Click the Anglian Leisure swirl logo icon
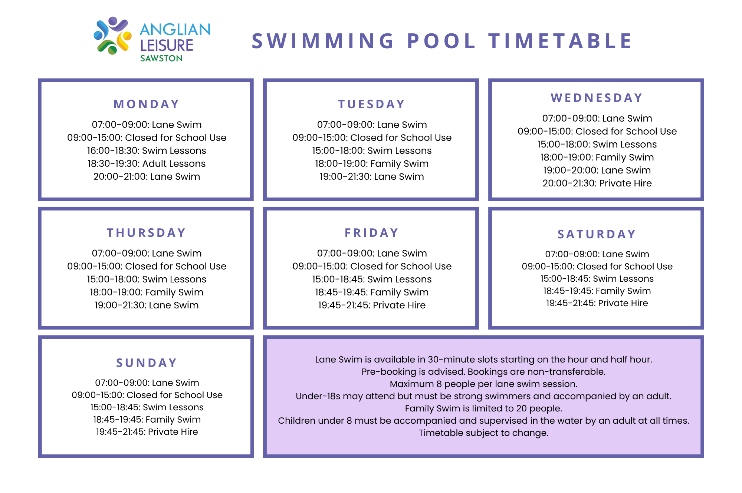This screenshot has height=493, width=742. (x=112, y=36)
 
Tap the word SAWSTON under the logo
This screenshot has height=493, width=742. (x=161, y=58)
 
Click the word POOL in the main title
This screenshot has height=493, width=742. (x=441, y=41)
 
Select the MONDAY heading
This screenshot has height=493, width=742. (x=147, y=104)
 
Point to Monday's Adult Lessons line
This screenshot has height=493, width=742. (x=147, y=163)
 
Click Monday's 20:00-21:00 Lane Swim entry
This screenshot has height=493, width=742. (x=147, y=176)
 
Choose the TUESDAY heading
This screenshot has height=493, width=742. (x=371, y=104)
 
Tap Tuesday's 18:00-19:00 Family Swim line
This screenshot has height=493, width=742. (x=372, y=163)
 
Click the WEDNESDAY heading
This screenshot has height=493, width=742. (x=597, y=98)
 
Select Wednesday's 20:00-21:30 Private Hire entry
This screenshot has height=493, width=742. (x=597, y=183)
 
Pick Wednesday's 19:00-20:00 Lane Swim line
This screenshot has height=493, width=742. (x=597, y=170)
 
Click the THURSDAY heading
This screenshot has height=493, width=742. (x=147, y=233)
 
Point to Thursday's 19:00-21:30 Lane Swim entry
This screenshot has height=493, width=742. (x=147, y=305)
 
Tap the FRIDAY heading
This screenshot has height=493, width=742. (x=372, y=233)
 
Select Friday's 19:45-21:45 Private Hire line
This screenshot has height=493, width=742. (x=372, y=305)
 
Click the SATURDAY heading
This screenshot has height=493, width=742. (x=597, y=234)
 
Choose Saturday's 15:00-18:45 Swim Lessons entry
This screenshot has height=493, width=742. (x=597, y=279)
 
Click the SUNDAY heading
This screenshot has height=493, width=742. (x=147, y=363)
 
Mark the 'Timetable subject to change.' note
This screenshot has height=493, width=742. (x=483, y=433)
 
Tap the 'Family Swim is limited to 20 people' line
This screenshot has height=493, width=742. (x=483, y=408)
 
